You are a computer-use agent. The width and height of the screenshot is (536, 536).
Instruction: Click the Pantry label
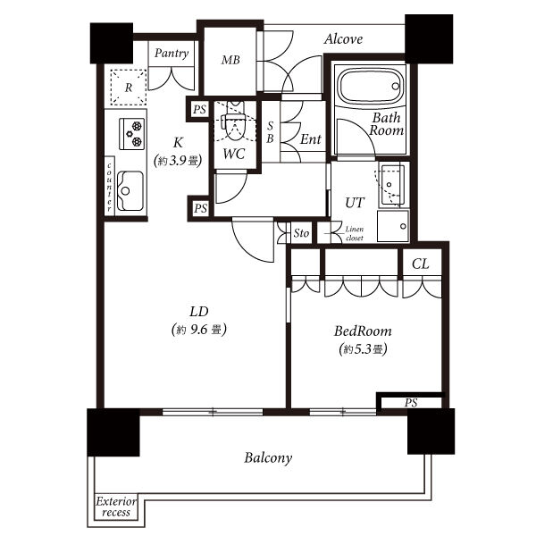pyautogui.click(x=172, y=54)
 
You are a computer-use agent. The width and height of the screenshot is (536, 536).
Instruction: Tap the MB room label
pyautogui.click(x=230, y=60)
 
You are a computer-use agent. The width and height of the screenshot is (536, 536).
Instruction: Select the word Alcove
pyautogui.click(x=343, y=39)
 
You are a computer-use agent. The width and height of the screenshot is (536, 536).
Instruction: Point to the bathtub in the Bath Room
pyautogui.click(x=370, y=86)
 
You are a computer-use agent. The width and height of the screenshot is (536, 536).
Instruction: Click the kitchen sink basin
pyautogui.click(x=130, y=191)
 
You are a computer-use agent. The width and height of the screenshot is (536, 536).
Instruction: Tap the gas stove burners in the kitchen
pyautogui.click(x=132, y=134)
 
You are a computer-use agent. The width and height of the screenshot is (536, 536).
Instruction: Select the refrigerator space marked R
pyautogui.click(x=128, y=88)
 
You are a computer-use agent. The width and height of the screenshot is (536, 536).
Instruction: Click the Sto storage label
pyautogui.click(x=301, y=233)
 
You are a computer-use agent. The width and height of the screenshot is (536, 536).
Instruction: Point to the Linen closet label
pyautogui.click(x=354, y=233)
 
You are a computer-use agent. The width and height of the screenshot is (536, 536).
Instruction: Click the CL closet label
pyautogui.click(x=420, y=264)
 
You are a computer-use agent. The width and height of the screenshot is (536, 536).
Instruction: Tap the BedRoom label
pyautogui.click(x=363, y=331)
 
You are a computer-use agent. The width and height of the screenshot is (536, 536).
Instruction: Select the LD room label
pyautogui.click(x=199, y=312)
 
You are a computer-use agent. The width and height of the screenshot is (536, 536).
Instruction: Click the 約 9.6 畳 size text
pyautogui.click(x=199, y=330)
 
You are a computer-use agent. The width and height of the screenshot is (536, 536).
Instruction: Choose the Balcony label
pyautogui.click(x=268, y=458)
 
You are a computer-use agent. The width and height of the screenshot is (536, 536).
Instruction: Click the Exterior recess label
pyautogui.click(x=116, y=507)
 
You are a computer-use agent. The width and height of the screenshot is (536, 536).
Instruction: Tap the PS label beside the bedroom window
pyautogui.click(x=411, y=403)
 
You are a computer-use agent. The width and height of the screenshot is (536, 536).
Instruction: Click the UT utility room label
pyautogui.click(x=355, y=203)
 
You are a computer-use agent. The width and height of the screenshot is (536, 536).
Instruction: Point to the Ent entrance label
pyautogui.click(x=310, y=139)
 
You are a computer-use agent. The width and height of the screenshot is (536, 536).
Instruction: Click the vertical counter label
pyautogui.click(x=109, y=188)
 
